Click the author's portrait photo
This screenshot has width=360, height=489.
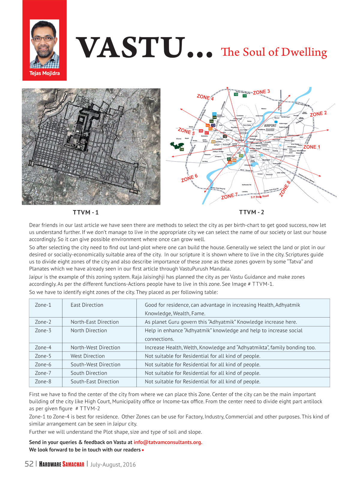pyautogui.click(x=44, y=44)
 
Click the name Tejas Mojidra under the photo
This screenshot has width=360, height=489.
pyautogui.click(x=44, y=73)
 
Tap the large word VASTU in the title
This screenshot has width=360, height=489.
pyautogui.click(x=130, y=48)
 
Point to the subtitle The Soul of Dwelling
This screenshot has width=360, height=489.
pyautogui.click(x=274, y=52)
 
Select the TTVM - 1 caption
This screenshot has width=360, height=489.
pyautogui.click(x=85, y=212)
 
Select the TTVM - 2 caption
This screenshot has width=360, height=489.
pyautogui.click(x=251, y=212)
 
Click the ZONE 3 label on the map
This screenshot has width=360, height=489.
pyautogui.click(x=261, y=92)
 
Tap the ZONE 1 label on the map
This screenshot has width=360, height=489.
pyautogui.click(x=311, y=147)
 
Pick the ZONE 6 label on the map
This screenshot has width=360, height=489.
pyautogui.click(x=189, y=178)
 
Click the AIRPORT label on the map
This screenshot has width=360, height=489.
pyautogui.click(x=270, y=126)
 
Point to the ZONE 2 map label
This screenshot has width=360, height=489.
pyautogui.click(x=318, y=114)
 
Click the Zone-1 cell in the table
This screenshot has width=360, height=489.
pyautogui.click(x=43, y=305)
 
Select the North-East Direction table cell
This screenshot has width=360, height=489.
pyautogui.click(x=94, y=322)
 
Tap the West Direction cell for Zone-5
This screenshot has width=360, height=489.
pyautogui.click(x=88, y=356)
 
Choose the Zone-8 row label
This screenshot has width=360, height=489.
pyautogui.click(x=43, y=381)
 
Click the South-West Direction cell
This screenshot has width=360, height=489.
pyautogui.click(x=95, y=364)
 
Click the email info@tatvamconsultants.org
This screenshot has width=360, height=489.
pyautogui.click(x=168, y=442)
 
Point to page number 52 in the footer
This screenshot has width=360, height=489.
pyautogui.click(x=29, y=464)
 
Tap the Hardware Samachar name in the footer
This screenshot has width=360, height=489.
pyautogui.click(x=61, y=464)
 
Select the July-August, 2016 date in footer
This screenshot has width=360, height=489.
pyautogui.click(x=113, y=464)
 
